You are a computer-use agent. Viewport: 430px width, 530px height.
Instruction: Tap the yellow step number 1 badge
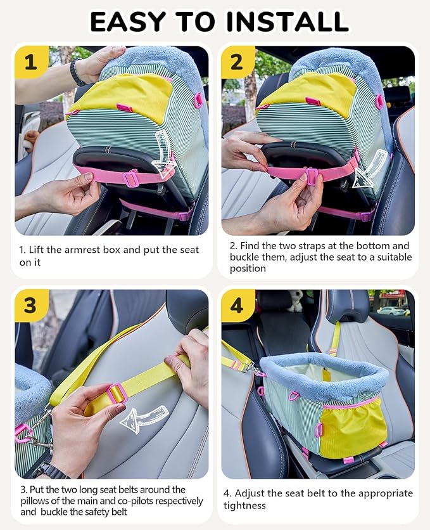[30, 62]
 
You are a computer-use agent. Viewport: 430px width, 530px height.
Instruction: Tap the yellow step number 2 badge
[237, 62]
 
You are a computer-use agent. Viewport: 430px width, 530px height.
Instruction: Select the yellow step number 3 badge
[30, 305]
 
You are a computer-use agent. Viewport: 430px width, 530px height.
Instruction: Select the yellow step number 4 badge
[237, 305]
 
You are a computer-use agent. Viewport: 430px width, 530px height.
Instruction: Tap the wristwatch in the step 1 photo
[77, 73]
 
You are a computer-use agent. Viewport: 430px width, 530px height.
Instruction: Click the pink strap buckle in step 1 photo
[131, 179]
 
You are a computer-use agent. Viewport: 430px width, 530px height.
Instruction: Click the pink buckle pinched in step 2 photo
[312, 176]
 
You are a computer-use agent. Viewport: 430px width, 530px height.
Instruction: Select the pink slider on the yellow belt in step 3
[117, 394]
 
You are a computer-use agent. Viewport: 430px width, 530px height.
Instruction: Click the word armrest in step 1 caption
[86, 250]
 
